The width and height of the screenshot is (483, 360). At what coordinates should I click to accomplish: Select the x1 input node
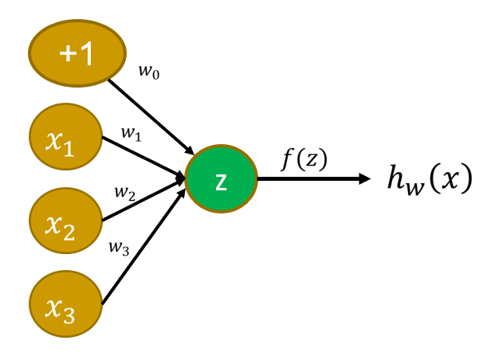click(x=65, y=140)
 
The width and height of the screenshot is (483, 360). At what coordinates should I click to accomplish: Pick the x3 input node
click(x=65, y=302)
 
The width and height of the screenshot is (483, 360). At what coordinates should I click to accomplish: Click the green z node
click(x=221, y=180)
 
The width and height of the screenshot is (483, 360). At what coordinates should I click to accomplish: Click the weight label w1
click(x=132, y=132)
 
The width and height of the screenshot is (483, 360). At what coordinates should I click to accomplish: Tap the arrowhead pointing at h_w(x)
click(x=365, y=179)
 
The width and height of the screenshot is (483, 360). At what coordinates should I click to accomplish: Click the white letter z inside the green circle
click(x=221, y=182)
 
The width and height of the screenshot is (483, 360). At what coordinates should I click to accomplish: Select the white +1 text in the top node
click(x=77, y=53)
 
